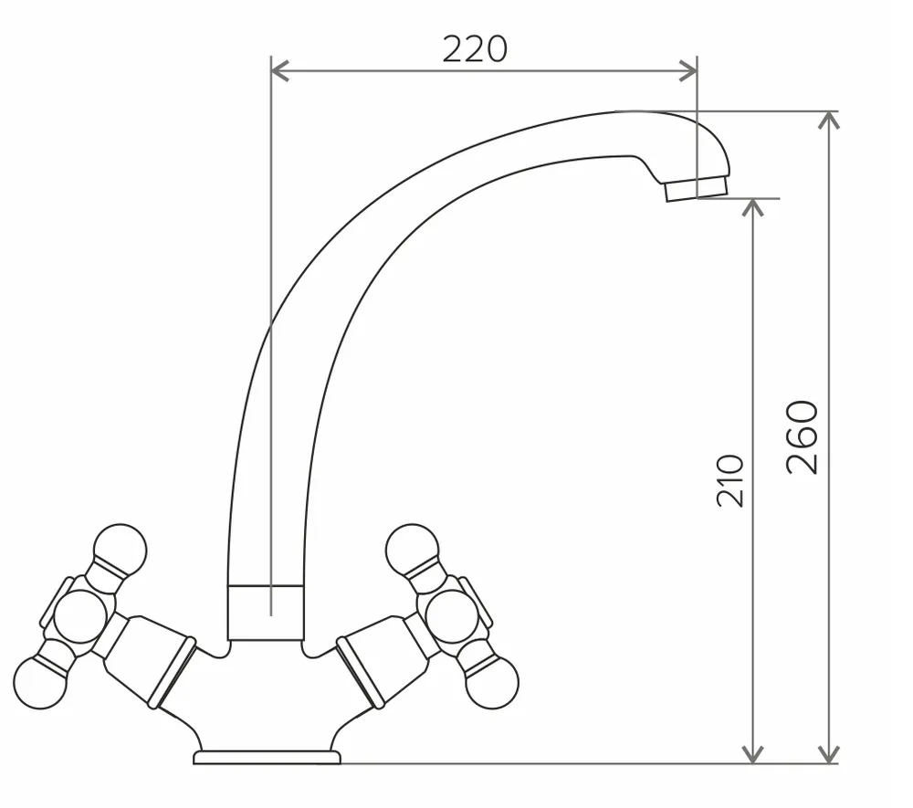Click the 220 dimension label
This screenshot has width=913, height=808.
[475, 49]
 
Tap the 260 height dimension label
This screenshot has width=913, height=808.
[803, 436]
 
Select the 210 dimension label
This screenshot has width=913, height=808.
[730, 481]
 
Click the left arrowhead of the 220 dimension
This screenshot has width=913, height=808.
[279, 71]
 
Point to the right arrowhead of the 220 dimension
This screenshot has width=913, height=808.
[688, 71]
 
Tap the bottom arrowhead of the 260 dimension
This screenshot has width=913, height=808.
[829, 754]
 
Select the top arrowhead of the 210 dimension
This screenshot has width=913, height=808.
[753, 207]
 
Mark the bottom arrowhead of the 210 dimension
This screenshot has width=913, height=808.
[753, 754]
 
